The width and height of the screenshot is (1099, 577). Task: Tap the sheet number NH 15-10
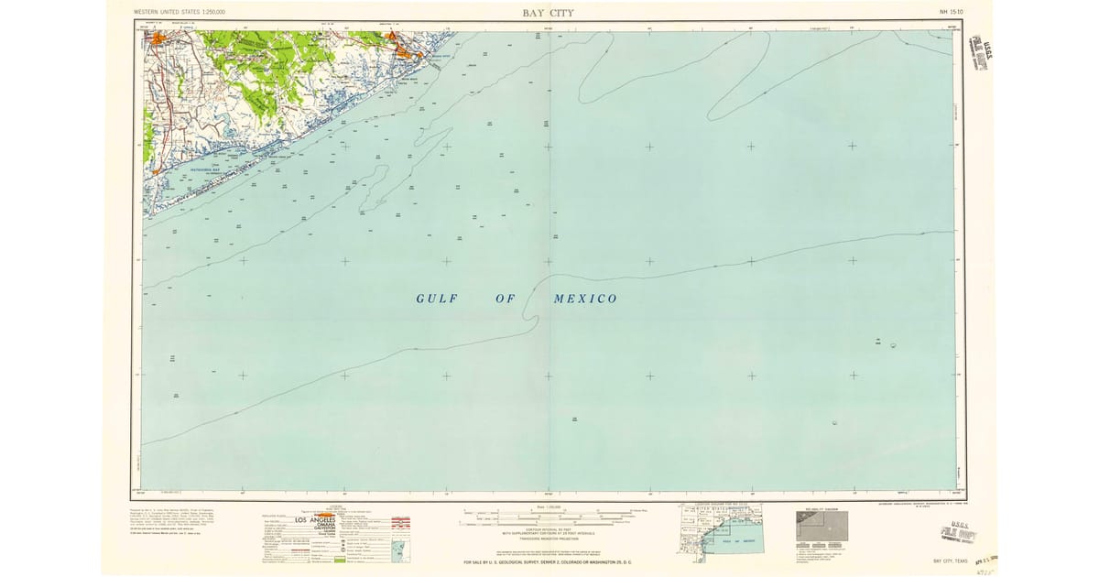[x=952, y=12]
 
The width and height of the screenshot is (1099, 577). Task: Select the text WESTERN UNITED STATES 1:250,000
[x=180, y=12]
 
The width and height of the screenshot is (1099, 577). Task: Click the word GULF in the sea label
[x=436, y=299]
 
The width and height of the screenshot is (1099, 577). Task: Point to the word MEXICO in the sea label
[x=585, y=299]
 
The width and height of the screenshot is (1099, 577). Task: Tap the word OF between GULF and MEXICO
[x=506, y=299]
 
